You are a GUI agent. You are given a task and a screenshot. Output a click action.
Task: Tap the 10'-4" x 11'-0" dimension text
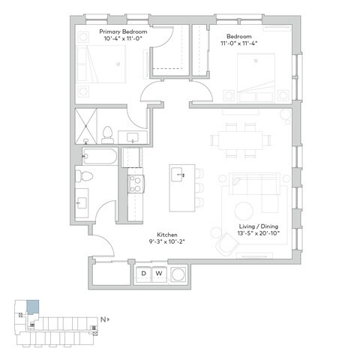point(124,40)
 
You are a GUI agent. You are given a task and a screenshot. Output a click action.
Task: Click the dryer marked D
point(143,274)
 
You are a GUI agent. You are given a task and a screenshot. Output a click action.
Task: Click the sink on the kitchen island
point(179,175)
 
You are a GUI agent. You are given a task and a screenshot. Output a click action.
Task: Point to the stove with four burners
point(136,184)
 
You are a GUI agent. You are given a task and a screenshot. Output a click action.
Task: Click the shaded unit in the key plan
point(31,307)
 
